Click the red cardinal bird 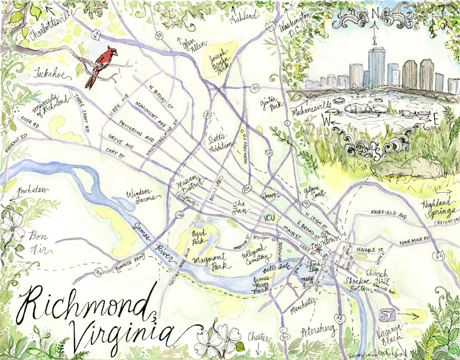coord(100,66)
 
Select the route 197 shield coord(255,87)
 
